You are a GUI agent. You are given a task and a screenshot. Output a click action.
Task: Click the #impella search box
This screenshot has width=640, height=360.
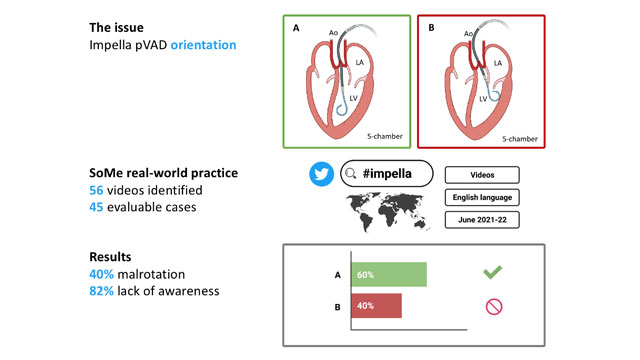(x=386, y=174)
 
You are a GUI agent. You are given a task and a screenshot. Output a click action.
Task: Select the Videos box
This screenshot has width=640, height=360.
(x=482, y=174)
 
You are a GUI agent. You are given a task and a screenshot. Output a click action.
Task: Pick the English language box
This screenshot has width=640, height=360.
(x=482, y=197)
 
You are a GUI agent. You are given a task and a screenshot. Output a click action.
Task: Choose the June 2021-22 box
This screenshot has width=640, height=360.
(x=482, y=220)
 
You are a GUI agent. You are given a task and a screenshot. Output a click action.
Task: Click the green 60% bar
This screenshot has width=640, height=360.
(x=387, y=274)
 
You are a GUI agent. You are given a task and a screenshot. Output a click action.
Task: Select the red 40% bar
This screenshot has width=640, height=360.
(x=375, y=305)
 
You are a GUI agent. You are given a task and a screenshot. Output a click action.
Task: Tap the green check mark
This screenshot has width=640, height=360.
(x=492, y=273)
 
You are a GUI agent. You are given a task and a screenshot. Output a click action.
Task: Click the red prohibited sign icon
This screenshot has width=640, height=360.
(x=492, y=306)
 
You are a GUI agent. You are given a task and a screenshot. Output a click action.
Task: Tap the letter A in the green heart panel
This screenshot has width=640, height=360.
(x=296, y=30)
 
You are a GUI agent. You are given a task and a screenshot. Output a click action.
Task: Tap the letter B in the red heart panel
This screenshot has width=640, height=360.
(x=431, y=30)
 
